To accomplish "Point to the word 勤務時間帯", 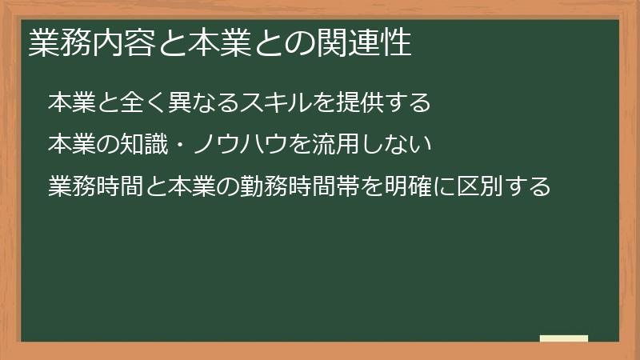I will point(284,186).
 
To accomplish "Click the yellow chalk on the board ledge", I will point(563,338).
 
